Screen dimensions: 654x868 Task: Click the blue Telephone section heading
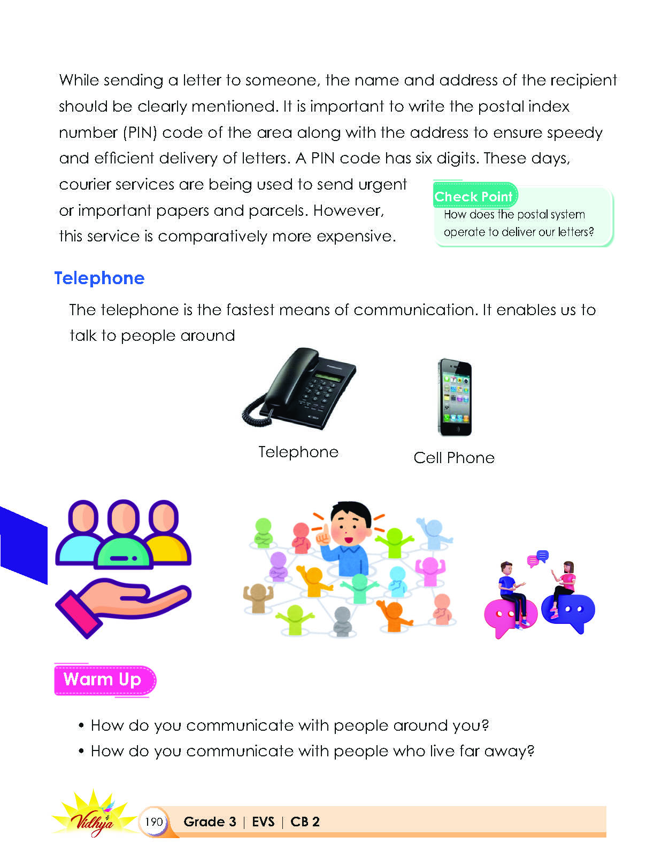pyautogui.click(x=99, y=278)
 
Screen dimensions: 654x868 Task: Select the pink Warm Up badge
pyautogui.click(x=104, y=680)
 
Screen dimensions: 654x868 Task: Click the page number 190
pyautogui.click(x=153, y=822)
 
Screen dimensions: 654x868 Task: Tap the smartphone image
pyautogui.click(x=455, y=397)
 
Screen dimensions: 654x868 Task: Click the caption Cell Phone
pyautogui.click(x=454, y=458)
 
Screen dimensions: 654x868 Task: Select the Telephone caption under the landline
pyautogui.click(x=298, y=452)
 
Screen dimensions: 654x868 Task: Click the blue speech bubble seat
pyautogui.click(x=568, y=612)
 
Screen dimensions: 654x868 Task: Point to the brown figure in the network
pyautogui.click(x=258, y=598)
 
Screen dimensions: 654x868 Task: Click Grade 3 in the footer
pyautogui.click(x=210, y=822)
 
